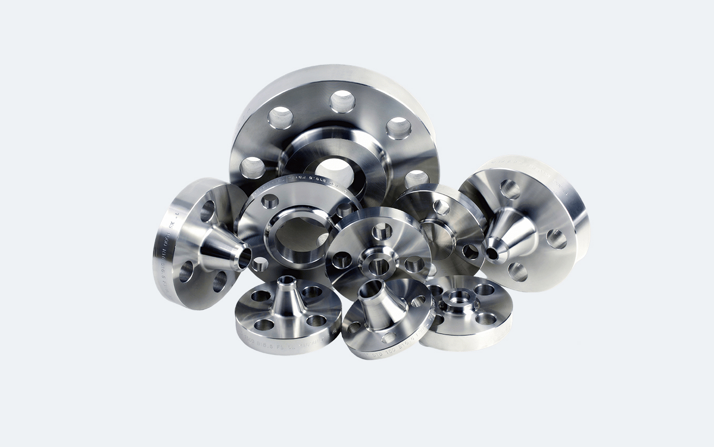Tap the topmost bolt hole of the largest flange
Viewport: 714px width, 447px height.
343,100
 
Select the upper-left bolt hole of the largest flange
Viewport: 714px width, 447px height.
281,117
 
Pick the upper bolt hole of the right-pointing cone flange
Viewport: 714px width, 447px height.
208,211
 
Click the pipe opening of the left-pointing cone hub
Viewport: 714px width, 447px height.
491,253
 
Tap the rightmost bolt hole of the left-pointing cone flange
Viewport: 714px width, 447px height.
556,239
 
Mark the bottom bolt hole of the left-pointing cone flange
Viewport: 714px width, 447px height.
518,271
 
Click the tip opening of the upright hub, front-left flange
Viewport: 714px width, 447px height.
286,280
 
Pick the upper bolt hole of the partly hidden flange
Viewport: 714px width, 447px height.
441,207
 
